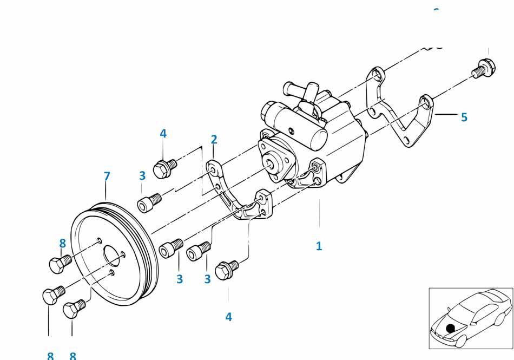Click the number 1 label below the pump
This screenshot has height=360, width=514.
pos(319,246)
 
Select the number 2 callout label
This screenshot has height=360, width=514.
pos(214,140)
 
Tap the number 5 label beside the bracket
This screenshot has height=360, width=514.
pos(464,117)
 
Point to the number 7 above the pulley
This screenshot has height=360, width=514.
pos(107,176)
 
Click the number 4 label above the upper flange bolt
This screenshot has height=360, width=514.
pos(163,133)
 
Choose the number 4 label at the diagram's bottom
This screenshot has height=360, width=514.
pos(228,317)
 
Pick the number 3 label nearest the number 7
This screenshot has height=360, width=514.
pos(142,175)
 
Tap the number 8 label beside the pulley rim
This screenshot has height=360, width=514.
pos(62,243)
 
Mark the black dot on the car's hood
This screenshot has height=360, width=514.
pos(450,328)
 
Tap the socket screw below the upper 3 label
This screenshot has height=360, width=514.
pos(149,203)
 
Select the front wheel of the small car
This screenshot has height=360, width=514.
pos(461,342)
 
